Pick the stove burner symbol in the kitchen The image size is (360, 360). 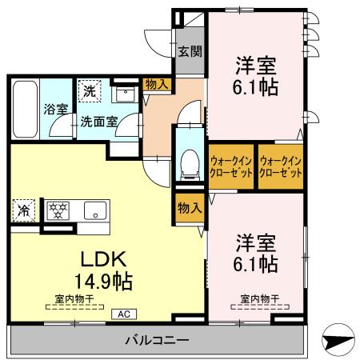point(58,211)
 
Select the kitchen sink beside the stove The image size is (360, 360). point(91,212)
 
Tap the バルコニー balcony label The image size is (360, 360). point(157,341)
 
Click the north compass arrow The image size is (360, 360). point(339,340)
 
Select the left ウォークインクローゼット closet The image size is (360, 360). point(230,166)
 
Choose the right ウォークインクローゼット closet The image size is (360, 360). point(280,166)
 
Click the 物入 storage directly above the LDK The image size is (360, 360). point(189,208)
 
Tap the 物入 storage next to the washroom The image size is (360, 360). point(156,83)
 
